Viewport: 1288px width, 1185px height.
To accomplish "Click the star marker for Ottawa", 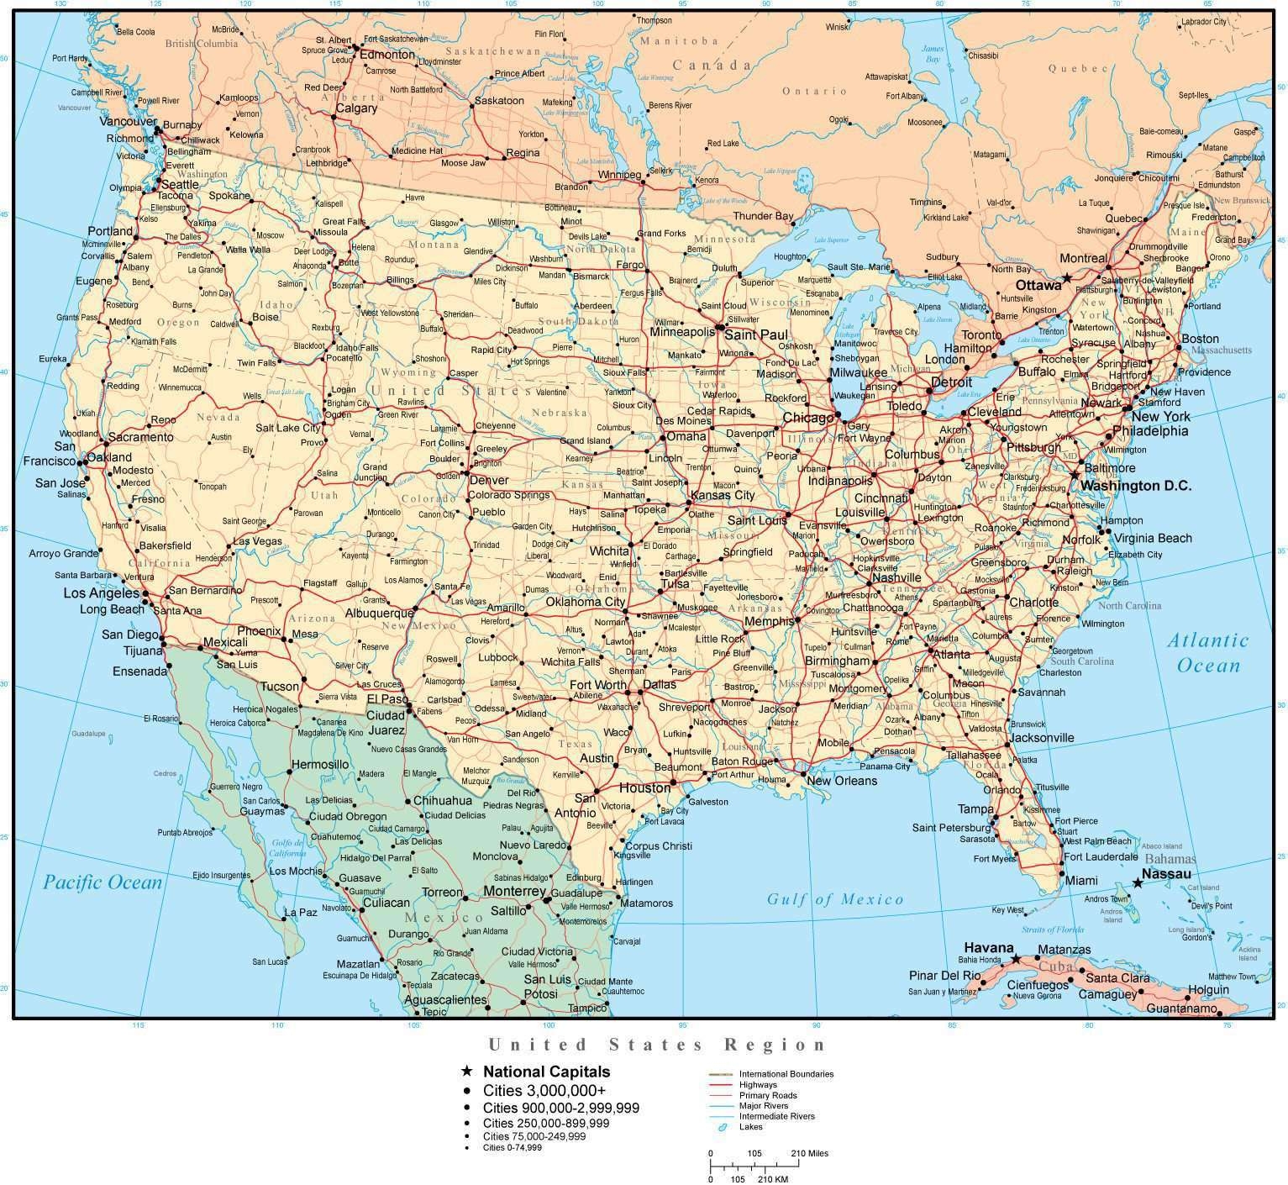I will click(1066, 277).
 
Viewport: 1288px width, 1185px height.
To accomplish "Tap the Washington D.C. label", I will click(1135, 486).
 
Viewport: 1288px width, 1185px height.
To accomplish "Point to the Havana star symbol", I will click(1015, 959).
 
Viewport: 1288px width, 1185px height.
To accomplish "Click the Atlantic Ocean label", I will click(1208, 653).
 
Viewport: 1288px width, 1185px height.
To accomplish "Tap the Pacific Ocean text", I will click(103, 882).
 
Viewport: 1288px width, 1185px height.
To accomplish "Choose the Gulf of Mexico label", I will click(835, 899).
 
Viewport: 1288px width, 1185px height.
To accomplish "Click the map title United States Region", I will click(658, 1045).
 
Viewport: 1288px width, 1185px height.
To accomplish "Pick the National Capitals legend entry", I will click(546, 1072).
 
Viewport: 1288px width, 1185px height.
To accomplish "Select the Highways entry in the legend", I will click(758, 1085).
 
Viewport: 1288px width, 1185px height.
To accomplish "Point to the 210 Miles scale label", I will click(809, 1153).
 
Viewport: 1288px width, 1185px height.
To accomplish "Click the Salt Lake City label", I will click(288, 428).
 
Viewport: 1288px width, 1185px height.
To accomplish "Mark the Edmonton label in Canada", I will click(387, 55).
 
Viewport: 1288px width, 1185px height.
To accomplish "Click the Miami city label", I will click(1081, 880).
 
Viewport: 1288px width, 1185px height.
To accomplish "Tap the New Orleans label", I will click(841, 781).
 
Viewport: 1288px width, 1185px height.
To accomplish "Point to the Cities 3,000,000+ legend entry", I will click(544, 1090).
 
